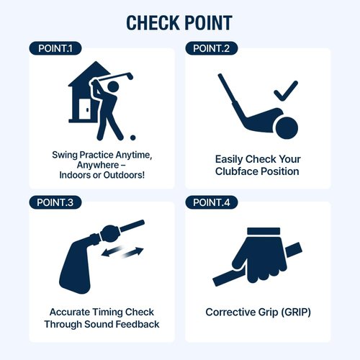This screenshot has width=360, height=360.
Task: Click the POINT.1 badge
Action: tap(55, 48)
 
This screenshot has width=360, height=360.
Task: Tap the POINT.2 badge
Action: tap(212, 48)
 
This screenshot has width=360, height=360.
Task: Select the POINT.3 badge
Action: tap(55, 202)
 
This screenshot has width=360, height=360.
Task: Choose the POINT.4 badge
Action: tap(212, 202)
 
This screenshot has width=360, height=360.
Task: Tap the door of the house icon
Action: tap(85, 109)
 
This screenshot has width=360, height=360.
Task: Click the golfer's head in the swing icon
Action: tap(113, 86)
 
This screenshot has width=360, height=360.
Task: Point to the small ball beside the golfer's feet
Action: tap(132, 138)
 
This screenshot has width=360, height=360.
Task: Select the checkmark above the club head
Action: tap(286, 91)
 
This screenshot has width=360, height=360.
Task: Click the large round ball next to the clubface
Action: tap(287, 128)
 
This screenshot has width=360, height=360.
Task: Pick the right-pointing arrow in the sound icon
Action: tap(133, 253)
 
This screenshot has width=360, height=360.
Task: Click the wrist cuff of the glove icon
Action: tap(264, 231)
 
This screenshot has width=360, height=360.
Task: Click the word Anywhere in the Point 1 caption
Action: tap(98, 165)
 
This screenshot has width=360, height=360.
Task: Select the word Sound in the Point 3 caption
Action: tap(99, 324)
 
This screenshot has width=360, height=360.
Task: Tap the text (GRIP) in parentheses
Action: tap(296, 312)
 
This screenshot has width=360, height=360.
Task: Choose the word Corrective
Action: tap(230, 312)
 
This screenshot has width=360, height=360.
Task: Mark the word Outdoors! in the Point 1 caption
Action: tap(124, 175)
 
